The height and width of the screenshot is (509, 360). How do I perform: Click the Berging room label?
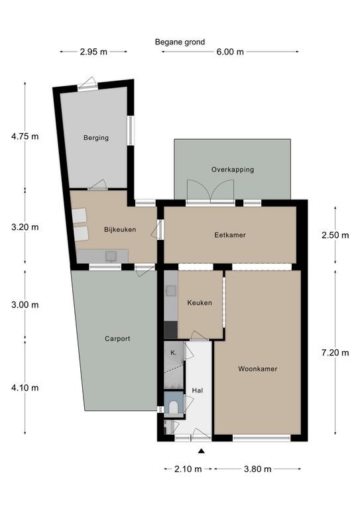pyautogui.click(x=96, y=138)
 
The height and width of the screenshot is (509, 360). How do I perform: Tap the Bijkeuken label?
pyautogui.click(x=120, y=229)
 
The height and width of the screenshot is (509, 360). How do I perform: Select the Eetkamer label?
pyautogui.click(x=230, y=235)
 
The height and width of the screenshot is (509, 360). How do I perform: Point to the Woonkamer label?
pyautogui.click(x=258, y=368)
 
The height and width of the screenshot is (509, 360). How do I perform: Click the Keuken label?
pyautogui.click(x=200, y=303)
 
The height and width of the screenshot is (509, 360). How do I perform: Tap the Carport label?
pyautogui.click(x=117, y=339)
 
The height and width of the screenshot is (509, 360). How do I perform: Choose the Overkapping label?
pyautogui.click(x=233, y=170)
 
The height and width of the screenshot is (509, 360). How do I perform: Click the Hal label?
pyautogui.click(x=198, y=390)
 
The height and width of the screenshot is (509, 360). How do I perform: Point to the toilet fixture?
pyautogui.click(x=174, y=407)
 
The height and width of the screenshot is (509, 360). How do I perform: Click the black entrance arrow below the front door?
pyautogui.click(x=202, y=451)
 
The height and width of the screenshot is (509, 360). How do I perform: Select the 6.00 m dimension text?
pyautogui.click(x=230, y=52)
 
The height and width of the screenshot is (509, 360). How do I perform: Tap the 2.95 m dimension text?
pyautogui.click(x=93, y=52)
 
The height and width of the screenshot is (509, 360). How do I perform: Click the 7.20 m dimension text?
pyautogui.click(x=335, y=353)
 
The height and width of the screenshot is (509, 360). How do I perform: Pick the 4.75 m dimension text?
pyautogui.click(x=25, y=137)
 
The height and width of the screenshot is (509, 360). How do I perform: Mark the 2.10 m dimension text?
pyautogui.click(x=188, y=469)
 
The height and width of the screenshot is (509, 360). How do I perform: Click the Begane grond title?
pyautogui.click(x=180, y=42)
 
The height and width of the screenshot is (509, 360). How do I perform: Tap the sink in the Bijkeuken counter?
pyautogui.click(x=111, y=256)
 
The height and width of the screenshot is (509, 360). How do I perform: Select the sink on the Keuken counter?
pyautogui.click(x=171, y=291)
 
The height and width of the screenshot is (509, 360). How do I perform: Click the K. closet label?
pyautogui.click(x=173, y=353)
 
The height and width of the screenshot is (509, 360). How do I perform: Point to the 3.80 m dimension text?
pyautogui.click(x=257, y=469)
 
